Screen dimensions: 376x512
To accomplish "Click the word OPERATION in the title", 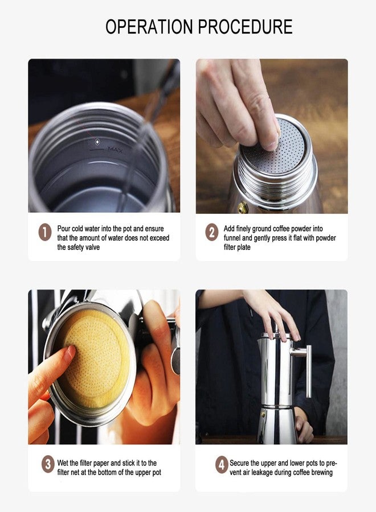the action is click(x=149, y=27).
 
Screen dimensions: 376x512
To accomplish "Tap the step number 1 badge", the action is click(x=45, y=233).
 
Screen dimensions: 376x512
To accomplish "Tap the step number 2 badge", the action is click(x=212, y=232).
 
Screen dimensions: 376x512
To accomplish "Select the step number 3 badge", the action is click(x=48, y=464).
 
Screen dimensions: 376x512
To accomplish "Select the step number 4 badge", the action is click(x=222, y=464).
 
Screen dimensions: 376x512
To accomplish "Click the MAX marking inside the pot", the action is click(x=115, y=150).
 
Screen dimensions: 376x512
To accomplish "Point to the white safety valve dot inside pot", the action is click(x=97, y=142).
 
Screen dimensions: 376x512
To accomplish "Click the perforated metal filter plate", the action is click(x=274, y=146).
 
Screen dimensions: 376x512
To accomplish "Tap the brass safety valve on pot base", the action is click(x=243, y=207).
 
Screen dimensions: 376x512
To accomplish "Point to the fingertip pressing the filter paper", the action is click(x=70, y=353).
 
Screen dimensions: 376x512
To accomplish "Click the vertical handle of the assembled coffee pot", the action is click(x=308, y=371).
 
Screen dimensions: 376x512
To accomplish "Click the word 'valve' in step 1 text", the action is click(x=92, y=247).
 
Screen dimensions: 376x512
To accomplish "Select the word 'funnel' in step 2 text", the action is click(x=232, y=238).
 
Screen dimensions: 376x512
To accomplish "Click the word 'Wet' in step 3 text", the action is click(x=63, y=463).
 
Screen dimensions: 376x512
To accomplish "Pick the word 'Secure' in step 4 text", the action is click(x=240, y=463).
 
